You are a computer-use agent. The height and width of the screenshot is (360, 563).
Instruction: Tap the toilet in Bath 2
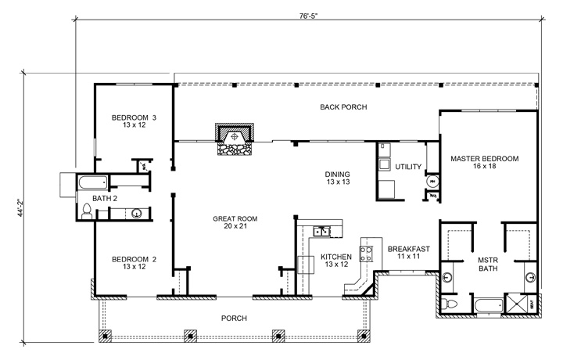point(85,210)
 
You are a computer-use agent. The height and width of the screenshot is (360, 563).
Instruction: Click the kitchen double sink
point(322,231)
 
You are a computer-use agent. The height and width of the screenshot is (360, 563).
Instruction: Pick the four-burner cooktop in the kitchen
point(366,253)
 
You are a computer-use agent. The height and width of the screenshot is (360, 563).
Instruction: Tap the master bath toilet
point(448,304)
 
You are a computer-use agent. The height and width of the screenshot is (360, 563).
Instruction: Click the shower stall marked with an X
point(518,302)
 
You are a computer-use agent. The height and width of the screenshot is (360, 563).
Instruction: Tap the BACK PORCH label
point(344,107)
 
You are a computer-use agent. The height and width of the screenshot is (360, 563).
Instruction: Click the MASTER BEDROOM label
point(485,159)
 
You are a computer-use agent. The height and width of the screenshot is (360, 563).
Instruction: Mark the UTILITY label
point(409,167)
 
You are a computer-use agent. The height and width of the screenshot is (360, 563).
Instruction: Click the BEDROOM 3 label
point(134,117)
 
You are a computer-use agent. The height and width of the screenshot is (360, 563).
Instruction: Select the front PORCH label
point(234,319)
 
